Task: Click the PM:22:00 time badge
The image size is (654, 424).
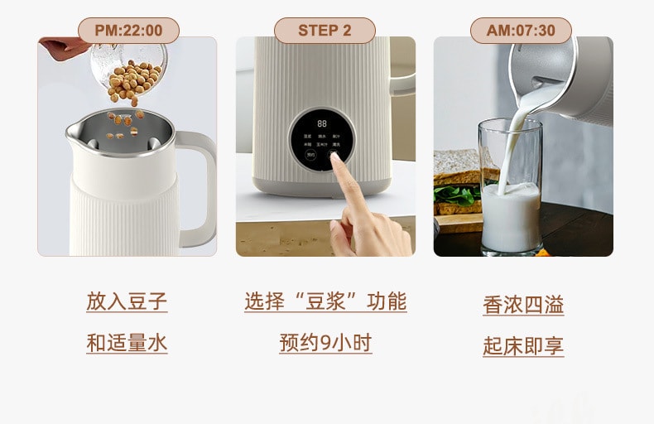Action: (128, 31)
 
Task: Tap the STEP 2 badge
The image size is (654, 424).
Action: (325, 31)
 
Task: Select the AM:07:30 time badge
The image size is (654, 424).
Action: (521, 31)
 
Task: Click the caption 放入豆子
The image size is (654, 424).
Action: (127, 301)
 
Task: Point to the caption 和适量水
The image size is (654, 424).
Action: (127, 342)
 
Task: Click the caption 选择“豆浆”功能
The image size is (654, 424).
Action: (325, 301)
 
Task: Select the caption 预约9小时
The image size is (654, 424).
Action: (325, 342)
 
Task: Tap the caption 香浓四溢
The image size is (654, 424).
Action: (523, 305)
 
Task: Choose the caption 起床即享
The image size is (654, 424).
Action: (523, 345)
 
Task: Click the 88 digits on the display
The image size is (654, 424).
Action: (321, 123)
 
